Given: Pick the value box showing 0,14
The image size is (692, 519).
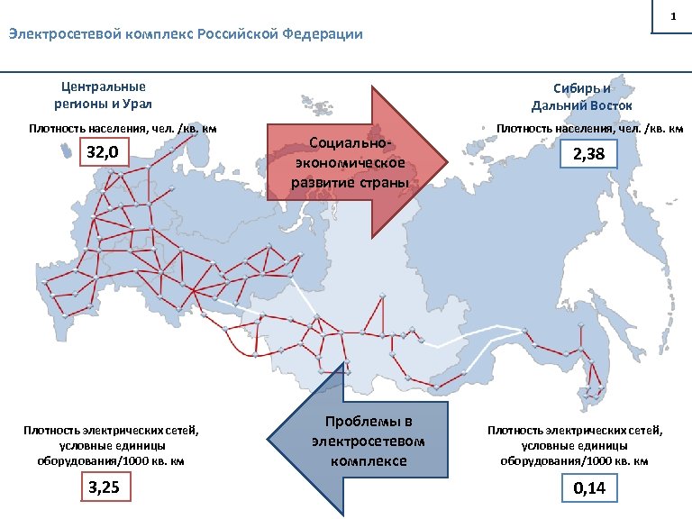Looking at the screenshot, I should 589,489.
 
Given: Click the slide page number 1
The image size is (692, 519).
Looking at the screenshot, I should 672,17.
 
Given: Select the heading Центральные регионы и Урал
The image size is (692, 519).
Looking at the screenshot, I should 104,95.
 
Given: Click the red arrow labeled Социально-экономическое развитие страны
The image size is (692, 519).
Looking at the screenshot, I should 360,162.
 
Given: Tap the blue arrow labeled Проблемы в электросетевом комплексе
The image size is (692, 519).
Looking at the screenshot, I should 360,442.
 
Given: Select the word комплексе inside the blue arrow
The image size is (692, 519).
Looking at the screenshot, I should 367,461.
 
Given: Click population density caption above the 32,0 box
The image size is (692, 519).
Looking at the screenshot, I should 123,128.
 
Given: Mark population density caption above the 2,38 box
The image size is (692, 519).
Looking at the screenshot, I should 590,128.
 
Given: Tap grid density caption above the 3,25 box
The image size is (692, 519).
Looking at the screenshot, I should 111,445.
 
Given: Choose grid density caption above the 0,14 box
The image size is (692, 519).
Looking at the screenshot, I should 575,446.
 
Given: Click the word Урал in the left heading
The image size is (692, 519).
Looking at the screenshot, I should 132,103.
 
